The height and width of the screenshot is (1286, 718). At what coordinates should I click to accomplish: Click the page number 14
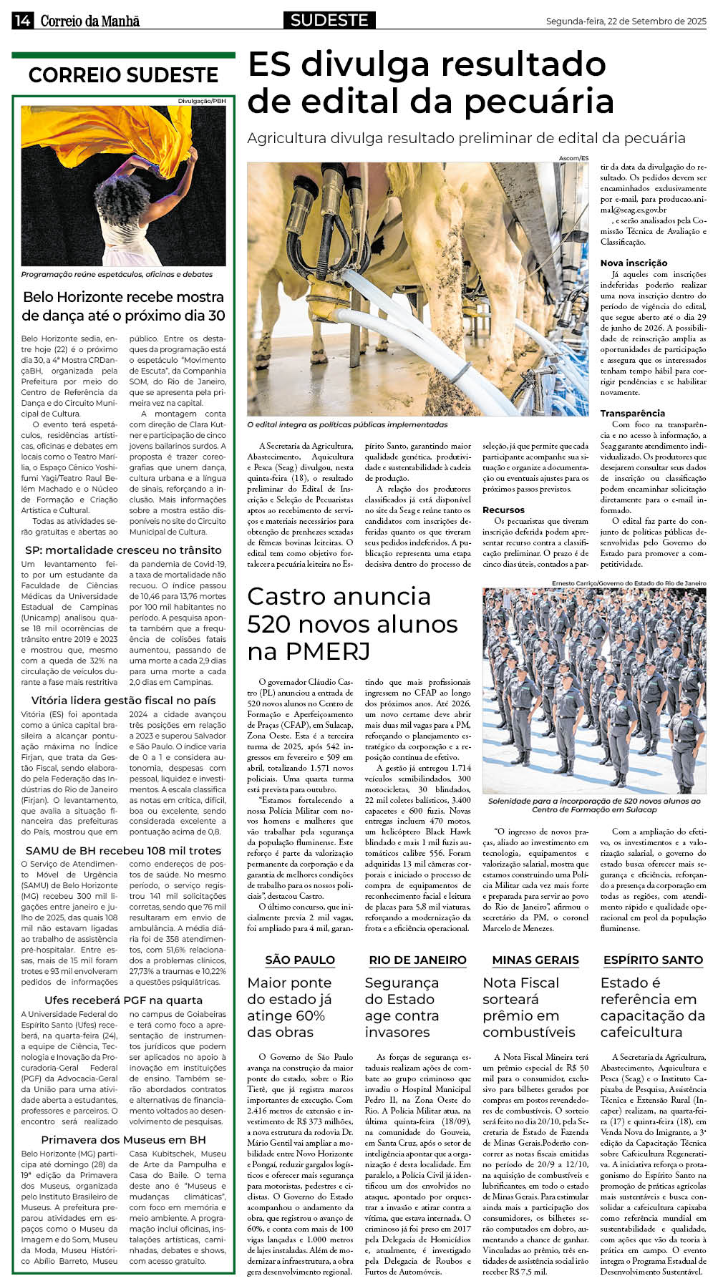pos(21,21)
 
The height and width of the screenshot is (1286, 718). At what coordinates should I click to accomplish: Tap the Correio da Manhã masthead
pos(89,21)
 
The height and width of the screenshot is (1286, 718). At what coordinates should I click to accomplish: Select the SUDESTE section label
pos(329,20)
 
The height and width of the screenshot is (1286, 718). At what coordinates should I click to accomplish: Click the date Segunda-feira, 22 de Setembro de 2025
pos(626,21)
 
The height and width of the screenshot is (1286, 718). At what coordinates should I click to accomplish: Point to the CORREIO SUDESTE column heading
pos(123,75)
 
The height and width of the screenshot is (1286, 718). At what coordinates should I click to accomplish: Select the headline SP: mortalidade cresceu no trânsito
pos(123,550)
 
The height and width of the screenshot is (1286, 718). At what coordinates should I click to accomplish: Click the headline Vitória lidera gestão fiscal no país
pos(123,700)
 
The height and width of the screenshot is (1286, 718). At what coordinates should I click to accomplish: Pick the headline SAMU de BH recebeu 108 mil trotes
pos(123,850)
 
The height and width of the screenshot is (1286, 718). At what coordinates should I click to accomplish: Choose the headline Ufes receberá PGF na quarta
pos(123,1000)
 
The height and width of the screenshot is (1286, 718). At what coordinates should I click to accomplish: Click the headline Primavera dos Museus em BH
pos(123,1139)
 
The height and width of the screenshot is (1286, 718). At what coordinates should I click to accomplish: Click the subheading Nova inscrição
pos(634,263)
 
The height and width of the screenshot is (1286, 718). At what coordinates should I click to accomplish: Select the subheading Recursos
pos(503,510)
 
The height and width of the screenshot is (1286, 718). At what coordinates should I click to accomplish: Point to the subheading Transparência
pos(632,413)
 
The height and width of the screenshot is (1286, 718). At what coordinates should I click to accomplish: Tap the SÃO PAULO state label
pos(300,960)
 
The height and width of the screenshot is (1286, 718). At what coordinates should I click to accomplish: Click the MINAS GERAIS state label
pos(535,960)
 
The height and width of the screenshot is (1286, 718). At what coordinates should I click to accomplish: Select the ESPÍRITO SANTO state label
pos(653,960)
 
